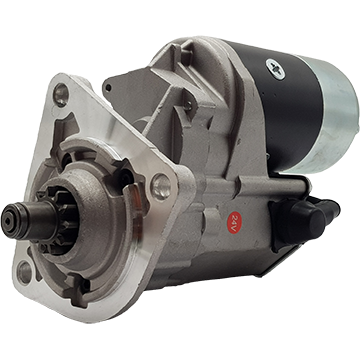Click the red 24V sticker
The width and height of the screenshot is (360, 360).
click(x=234, y=222)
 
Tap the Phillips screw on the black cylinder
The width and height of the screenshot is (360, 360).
click(x=276, y=69)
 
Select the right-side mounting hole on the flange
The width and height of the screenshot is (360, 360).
click(x=161, y=187)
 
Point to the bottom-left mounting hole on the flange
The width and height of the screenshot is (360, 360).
click(x=24, y=273)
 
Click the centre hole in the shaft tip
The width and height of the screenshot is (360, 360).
click(x=7, y=220)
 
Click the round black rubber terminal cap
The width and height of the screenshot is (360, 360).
click(x=307, y=218)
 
